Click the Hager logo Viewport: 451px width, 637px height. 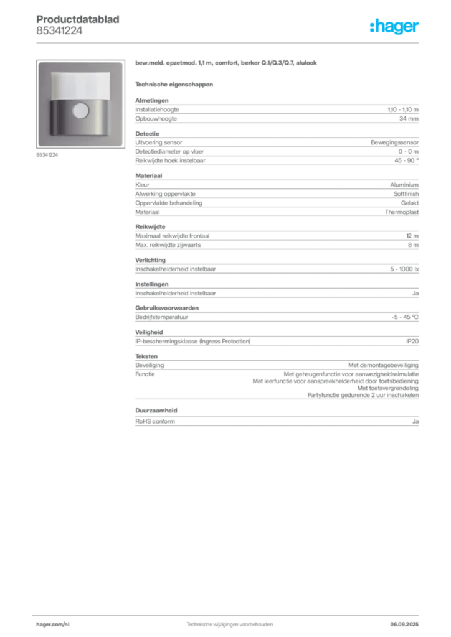click(x=394, y=26)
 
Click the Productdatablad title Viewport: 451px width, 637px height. click(x=78, y=19)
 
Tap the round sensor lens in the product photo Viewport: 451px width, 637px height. click(x=80, y=111)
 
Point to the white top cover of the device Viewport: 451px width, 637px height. click(x=80, y=85)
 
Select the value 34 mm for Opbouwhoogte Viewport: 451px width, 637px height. click(x=409, y=119)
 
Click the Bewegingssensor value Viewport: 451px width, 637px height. click(x=394, y=142)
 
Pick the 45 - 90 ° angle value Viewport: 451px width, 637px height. click(x=406, y=160)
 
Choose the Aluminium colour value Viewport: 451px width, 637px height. click(x=404, y=185)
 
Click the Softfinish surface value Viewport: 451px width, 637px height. click(x=406, y=194)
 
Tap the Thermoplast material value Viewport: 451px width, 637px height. click(x=402, y=212)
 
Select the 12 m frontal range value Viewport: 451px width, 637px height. click(x=412, y=236)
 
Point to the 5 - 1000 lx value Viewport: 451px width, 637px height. click(x=404, y=269)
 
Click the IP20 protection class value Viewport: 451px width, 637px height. click(x=412, y=342)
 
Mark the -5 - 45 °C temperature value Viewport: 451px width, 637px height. click(x=405, y=317)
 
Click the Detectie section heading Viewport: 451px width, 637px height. click(x=147, y=134)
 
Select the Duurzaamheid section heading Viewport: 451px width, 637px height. click(x=156, y=411)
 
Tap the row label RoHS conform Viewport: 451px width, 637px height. click(x=155, y=421)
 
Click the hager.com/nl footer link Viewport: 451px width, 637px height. click(x=53, y=625)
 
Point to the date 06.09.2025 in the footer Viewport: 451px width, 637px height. click(x=404, y=625)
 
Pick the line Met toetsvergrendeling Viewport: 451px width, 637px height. click(x=388, y=388)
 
